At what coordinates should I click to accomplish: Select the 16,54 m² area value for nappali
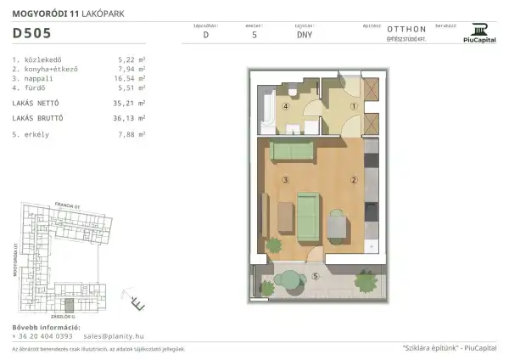pos(131,77)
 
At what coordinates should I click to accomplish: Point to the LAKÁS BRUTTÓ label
pos(39,119)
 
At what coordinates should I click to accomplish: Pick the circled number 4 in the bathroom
pos(286,108)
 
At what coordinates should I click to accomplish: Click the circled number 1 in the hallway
pos(352,107)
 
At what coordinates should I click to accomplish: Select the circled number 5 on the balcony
pos(315,277)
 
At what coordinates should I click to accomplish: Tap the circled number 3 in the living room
pos(287,179)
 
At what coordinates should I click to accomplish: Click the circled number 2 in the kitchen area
pos(352,179)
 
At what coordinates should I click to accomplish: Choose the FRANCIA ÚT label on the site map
pos(66,205)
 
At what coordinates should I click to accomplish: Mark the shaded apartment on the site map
pos(70,306)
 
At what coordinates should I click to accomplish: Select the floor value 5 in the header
pos(255,36)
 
